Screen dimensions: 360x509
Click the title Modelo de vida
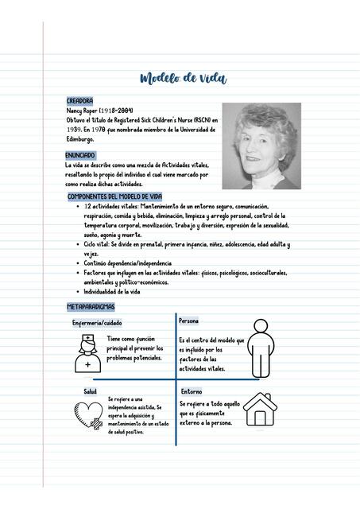pyautogui.click(x=182, y=78)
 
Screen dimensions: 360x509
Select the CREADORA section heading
pyautogui.click(x=79, y=102)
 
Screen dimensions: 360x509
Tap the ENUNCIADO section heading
pyautogui.click(x=80, y=155)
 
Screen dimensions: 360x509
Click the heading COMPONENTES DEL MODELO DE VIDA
pyautogui.click(x=114, y=196)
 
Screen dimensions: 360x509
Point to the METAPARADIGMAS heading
pyautogui.click(x=91, y=306)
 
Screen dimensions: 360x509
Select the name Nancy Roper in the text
pyautogui.click(x=83, y=111)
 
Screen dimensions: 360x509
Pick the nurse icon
pyautogui.click(x=87, y=354)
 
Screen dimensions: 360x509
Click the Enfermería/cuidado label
pyautogui.click(x=97, y=323)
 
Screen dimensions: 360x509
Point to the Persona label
pyautogui.click(x=188, y=321)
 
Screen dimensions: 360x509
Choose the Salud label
pyautogui.click(x=90, y=391)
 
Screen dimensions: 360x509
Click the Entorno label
pyautogui.click(x=191, y=391)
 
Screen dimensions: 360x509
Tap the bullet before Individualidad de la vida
pyautogui.click(x=76, y=292)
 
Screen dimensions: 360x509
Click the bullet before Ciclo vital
pyautogui.click(x=76, y=245)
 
